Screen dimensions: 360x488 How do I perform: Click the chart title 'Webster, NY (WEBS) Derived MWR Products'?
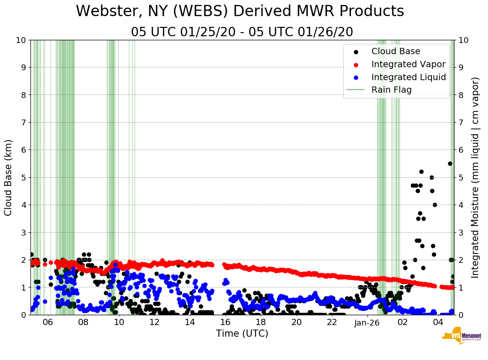click(x=240, y=11)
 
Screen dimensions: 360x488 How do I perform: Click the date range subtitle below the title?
click(x=242, y=32)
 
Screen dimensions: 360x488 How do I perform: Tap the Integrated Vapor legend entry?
click(x=408, y=64)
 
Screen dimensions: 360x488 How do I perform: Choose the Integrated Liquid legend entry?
click(x=408, y=77)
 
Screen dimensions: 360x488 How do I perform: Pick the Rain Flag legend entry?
click(x=391, y=90)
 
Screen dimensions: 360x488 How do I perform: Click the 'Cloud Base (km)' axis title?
click(x=9, y=177)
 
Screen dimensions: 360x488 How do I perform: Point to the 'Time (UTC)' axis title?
click(x=242, y=334)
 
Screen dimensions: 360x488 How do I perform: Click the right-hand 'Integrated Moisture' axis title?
click(x=475, y=177)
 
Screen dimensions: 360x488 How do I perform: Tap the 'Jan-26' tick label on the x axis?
click(x=367, y=323)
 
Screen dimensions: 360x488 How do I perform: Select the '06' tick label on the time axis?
click(x=48, y=323)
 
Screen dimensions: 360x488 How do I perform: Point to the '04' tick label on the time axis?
click(x=438, y=323)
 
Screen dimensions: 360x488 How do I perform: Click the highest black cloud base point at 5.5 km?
click(x=450, y=163)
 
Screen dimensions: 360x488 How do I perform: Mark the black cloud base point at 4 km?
click(x=435, y=205)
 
